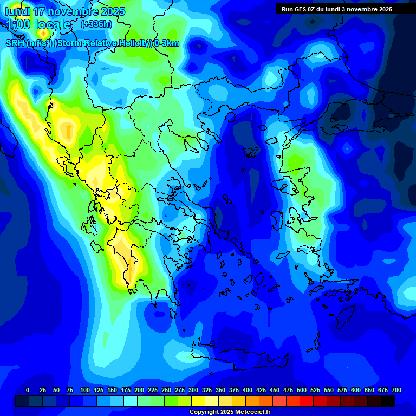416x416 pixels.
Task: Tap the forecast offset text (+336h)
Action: click(x=96, y=24)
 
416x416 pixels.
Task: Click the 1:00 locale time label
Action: click(x=38, y=25)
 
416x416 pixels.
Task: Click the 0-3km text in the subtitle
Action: click(x=166, y=43)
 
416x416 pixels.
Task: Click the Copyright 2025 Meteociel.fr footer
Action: click(x=230, y=412)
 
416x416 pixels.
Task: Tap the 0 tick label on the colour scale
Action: click(x=28, y=390)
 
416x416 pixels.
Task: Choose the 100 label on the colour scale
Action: click(x=85, y=390)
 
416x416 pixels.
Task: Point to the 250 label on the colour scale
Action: click(x=166, y=390)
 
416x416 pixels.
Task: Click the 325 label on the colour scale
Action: click(x=207, y=390)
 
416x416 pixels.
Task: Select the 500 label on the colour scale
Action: click(x=302, y=390)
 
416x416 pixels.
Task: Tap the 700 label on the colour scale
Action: click(x=396, y=390)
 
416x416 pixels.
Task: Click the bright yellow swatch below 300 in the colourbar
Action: click(x=198, y=401)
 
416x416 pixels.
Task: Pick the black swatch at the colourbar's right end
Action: click(x=388, y=401)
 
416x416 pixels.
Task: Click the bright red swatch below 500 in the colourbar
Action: click(x=307, y=401)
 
